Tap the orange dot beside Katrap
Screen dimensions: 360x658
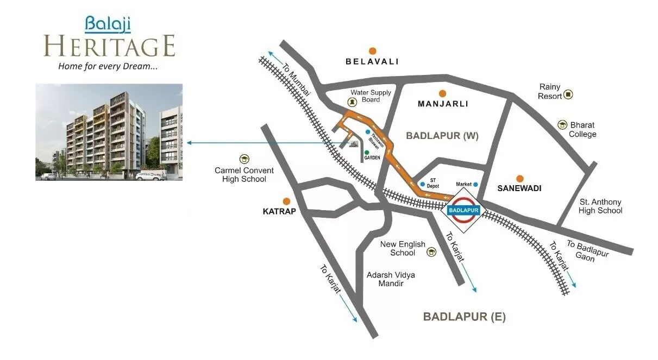[286, 201]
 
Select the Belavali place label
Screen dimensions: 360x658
[372, 61]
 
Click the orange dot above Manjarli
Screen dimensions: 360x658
[442, 93]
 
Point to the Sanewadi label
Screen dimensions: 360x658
[519, 188]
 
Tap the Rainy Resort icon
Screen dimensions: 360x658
[568, 94]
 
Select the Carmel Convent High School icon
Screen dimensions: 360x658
[244, 159]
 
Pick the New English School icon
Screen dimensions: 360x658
[431, 252]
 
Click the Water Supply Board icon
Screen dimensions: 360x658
[352, 102]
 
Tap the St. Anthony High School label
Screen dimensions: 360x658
[600, 206]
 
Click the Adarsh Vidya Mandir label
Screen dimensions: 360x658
[391, 279]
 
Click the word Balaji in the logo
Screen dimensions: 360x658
[108, 23]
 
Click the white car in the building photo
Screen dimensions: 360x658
[149, 176]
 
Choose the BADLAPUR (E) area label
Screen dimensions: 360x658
[464, 317]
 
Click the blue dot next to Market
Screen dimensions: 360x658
[475, 185]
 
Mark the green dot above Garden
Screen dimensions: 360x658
[367, 152]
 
